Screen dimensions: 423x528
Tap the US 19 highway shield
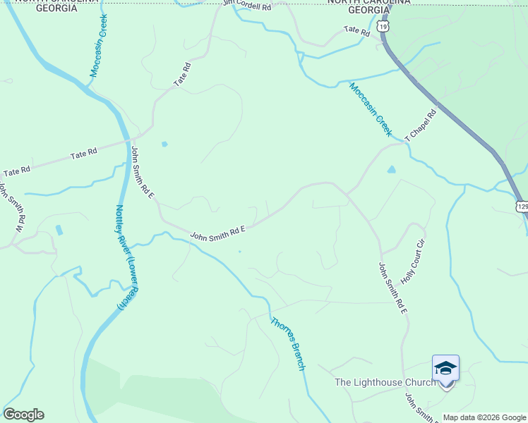click(x=383, y=26)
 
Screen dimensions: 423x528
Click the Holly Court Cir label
click(x=414, y=262)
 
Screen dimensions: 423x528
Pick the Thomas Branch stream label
click(x=288, y=343)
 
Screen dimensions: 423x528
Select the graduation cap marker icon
click(x=445, y=368)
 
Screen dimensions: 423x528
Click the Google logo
click(x=23, y=415)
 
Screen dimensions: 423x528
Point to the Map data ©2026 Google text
click(x=484, y=417)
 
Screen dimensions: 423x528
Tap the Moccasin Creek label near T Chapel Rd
click(x=370, y=109)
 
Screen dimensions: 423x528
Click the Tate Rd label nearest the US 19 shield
click(x=356, y=31)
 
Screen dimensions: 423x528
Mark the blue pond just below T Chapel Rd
click(x=392, y=169)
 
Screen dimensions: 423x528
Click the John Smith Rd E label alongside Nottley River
click(x=142, y=172)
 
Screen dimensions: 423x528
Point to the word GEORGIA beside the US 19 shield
click(x=368, y=11)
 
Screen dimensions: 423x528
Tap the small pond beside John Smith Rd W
click(x=59, y=230)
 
